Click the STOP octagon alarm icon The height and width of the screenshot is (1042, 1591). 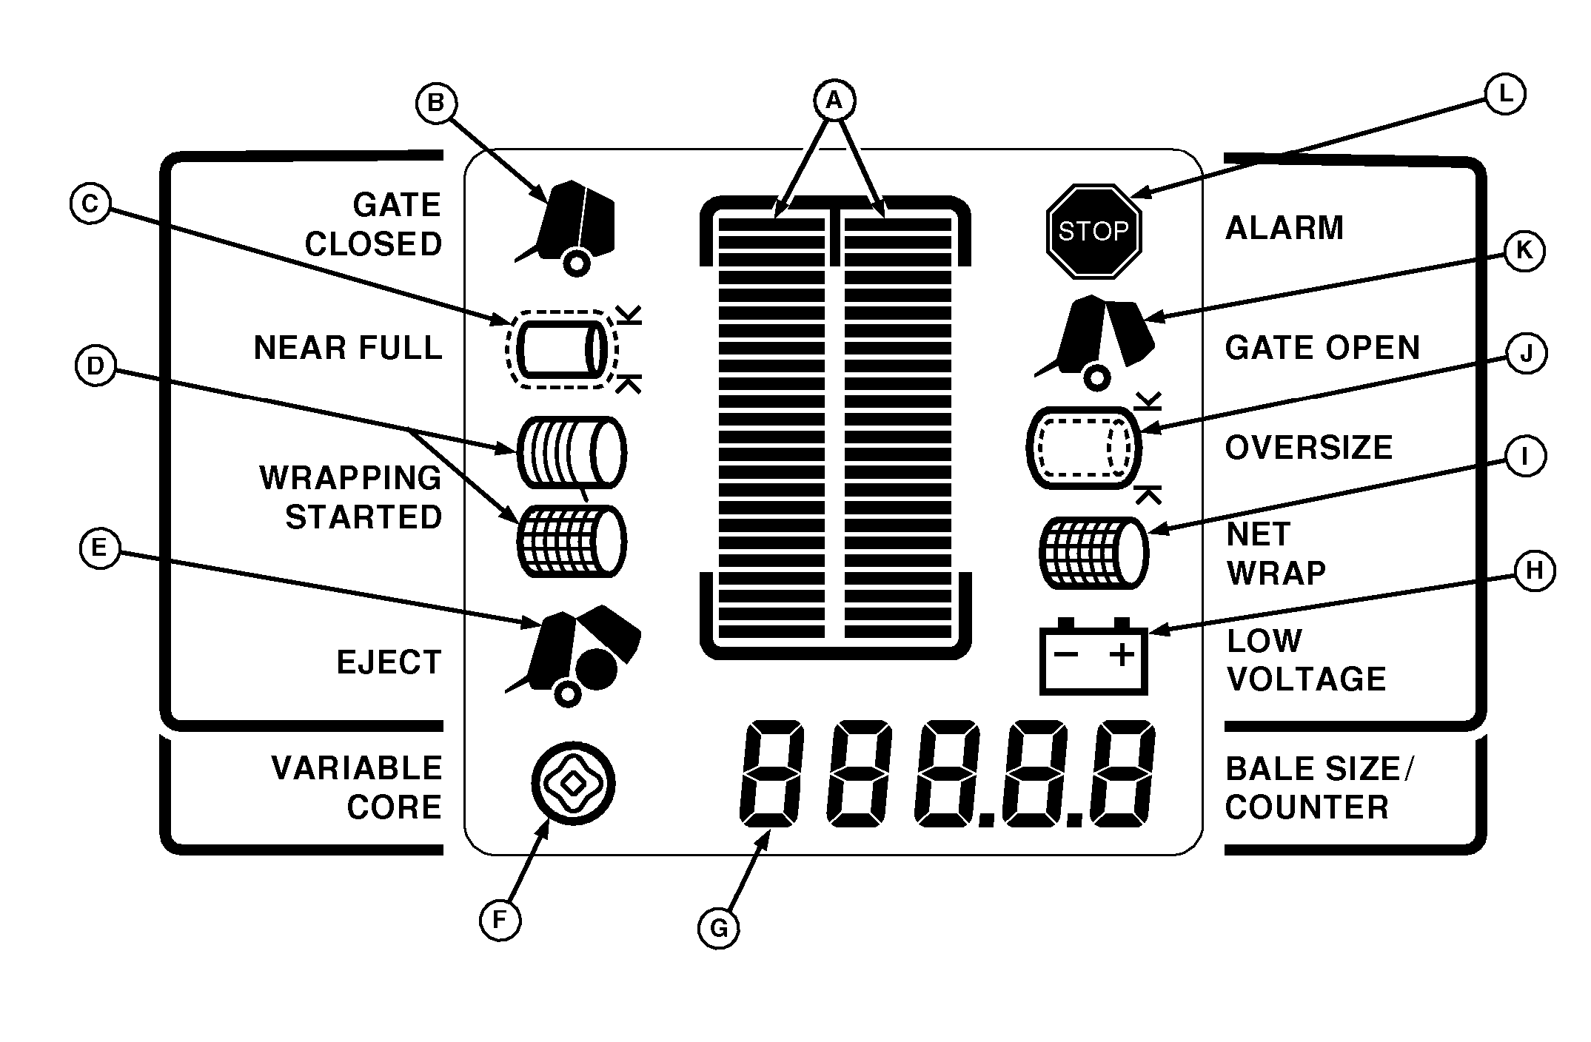1093,232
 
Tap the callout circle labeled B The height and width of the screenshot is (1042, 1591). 436,103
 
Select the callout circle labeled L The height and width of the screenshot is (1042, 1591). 1505,95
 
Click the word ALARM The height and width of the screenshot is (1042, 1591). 1284,228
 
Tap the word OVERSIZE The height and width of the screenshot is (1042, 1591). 1309,448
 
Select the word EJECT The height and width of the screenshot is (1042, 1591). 389,662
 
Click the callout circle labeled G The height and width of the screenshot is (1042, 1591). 718,928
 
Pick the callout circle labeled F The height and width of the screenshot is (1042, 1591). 500,921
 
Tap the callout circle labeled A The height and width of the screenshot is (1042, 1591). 834,100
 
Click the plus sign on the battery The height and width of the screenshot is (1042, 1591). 1122,654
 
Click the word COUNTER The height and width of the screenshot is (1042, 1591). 1307,807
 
